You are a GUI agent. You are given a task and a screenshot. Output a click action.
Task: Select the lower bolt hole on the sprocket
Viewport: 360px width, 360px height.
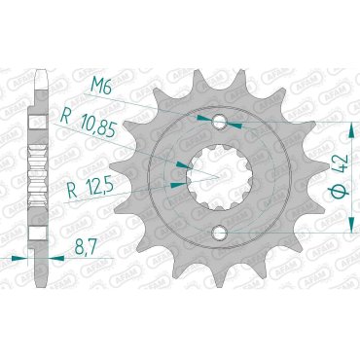pos(223,234)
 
